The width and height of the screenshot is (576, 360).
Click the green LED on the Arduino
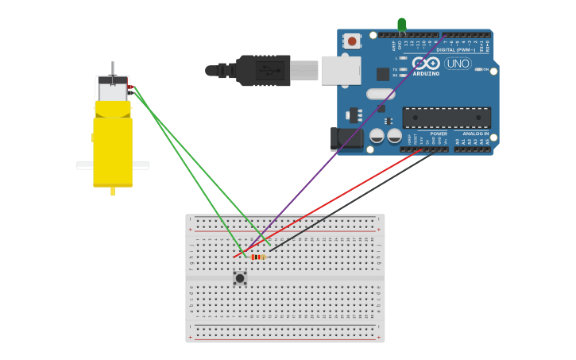(402, 25)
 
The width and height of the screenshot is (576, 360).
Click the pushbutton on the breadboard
(240, 278)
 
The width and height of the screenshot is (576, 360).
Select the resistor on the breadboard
(257, 257)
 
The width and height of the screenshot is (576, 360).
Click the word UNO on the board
(458, 64)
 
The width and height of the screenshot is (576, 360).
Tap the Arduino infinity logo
(427, 63)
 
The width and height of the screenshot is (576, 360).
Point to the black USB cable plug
(262, 70)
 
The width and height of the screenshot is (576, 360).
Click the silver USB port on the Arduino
(341, 70)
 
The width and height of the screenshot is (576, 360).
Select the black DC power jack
(346, 139)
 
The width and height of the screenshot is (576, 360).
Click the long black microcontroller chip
(446, 118)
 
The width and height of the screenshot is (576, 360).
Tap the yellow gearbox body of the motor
(113, 151)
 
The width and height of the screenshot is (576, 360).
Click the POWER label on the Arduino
(439, 134)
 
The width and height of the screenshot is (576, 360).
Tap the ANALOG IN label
(476, 134)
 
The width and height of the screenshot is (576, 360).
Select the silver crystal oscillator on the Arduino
(381, 94)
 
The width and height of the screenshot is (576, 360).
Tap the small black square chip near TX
(383, 74)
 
